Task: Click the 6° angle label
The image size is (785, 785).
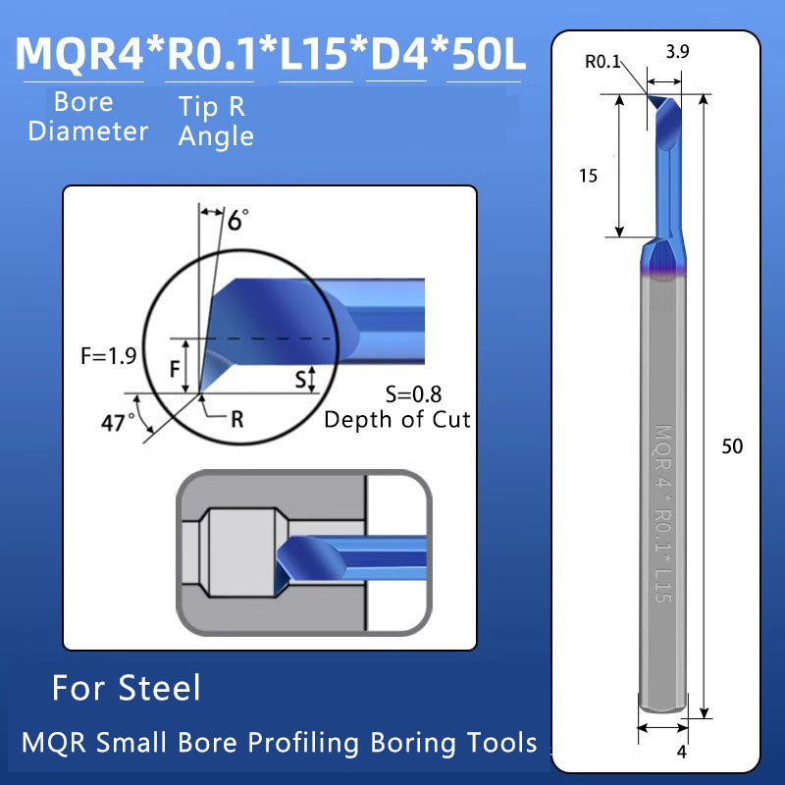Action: point(236,220)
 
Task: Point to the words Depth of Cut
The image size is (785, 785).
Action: point(397,420)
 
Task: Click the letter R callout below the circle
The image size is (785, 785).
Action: point(235,420)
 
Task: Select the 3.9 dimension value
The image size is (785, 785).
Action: point(677,55)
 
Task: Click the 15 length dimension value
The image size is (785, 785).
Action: point(589,176)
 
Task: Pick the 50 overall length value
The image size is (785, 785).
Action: point(732,446)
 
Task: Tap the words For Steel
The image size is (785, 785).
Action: point(126,688)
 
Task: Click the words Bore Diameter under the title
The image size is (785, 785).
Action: point(86,117)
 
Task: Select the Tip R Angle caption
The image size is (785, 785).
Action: point(216,122)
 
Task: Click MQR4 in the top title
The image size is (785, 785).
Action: point(79,53)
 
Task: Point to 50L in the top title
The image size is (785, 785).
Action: point(487,53)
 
